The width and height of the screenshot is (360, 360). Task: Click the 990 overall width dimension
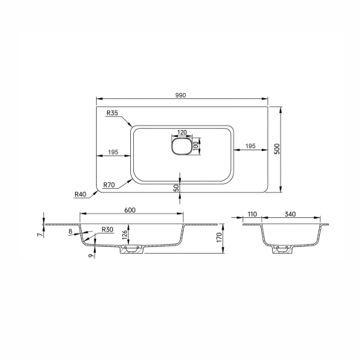click(181, 95)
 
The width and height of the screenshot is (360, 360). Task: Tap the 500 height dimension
click(277, 149)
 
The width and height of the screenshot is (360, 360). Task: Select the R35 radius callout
click(112, 113)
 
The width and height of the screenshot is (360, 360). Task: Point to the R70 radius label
click(109, 184)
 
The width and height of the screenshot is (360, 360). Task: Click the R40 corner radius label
click(80, 194)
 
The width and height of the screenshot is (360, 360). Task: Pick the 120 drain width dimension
click(182, 132)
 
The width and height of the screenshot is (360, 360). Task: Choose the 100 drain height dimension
click(196, 147)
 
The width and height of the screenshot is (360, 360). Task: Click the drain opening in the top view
click(181, 146)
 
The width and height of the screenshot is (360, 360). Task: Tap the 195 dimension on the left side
click(113, 152)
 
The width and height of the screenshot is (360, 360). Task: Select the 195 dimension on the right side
click(251, 146)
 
